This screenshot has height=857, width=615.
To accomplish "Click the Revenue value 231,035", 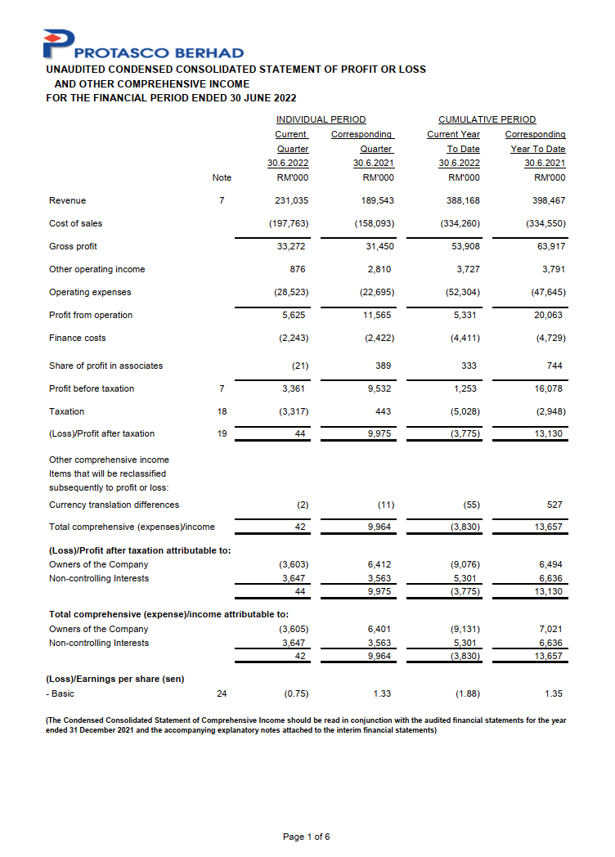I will [x=292, y=200].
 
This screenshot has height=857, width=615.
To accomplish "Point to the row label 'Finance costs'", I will [x=77, y=338].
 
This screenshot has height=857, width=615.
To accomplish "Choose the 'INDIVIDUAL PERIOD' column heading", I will [x=321, y=119].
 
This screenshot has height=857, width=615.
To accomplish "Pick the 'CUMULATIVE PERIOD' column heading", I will [x=487, y=119].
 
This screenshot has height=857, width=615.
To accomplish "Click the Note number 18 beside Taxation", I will [x=222, y=411].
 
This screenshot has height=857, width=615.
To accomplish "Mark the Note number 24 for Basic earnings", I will [x=222, y=693].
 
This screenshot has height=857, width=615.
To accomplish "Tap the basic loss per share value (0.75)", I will [x=295, y=693].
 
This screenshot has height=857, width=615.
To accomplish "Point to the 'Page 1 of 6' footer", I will [x=307, y=837].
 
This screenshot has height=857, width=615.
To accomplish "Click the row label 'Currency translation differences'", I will [x=114, y=505].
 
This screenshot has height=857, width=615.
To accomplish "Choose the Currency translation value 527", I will [x=554, y=505].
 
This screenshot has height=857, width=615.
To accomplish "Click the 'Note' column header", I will [x=222, y=177].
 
